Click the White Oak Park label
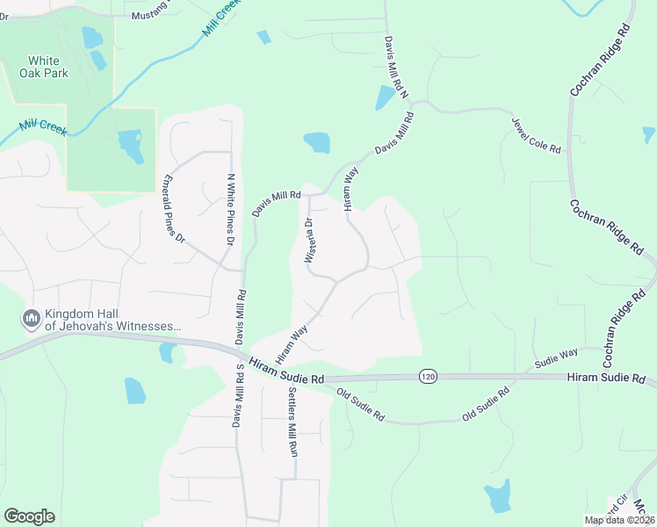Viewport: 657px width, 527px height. coord(43,67)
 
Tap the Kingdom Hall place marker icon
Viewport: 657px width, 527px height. coord(32,318)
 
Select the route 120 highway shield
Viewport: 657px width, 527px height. coord(428,375)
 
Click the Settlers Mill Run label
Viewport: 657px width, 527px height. coord(293,422)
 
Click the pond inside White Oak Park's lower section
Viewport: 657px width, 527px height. coord(130,145)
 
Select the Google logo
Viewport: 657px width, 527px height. coord(29,516)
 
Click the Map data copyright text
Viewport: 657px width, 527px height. coord(620,520)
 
